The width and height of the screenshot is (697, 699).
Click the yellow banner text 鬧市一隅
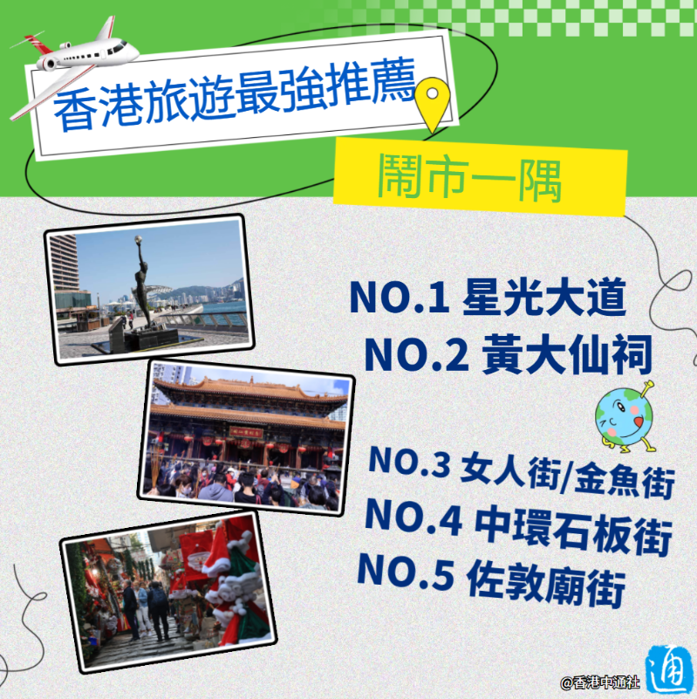coord(469,178)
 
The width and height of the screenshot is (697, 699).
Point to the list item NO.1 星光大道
coord(488,298)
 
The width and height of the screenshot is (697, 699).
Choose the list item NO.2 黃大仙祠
coord(508,354)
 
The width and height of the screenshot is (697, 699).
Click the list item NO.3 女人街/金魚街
coord(522,471)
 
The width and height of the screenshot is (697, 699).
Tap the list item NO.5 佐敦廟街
coord(491,579)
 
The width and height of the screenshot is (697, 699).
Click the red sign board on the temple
coord(246,432)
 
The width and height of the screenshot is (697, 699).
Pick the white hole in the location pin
coord(432,93)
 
